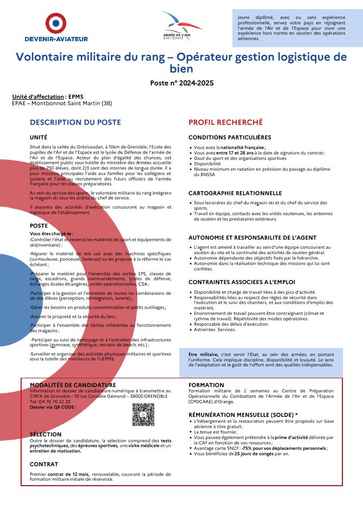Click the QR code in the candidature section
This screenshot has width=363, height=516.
point(143,414)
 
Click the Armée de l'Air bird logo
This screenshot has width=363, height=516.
point(181,23)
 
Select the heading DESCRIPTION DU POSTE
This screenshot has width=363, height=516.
point(75,122)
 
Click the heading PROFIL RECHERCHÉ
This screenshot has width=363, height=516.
point(225,122)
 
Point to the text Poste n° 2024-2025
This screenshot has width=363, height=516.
point(181,83)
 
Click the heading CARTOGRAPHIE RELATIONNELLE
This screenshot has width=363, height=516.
point(235,193)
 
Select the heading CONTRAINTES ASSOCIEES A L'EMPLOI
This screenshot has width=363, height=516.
point(242,282)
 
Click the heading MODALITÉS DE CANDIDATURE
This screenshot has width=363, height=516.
point(73,385)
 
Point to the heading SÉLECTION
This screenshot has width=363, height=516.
point(46,435)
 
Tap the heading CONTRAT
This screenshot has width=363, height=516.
point(44,465)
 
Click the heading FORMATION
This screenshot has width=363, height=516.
point(206,385)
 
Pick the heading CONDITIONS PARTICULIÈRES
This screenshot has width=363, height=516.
point(230,138)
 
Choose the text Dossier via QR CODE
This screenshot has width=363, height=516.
point(53,407)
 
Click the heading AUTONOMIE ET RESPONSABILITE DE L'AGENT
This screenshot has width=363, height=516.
point(251,237)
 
